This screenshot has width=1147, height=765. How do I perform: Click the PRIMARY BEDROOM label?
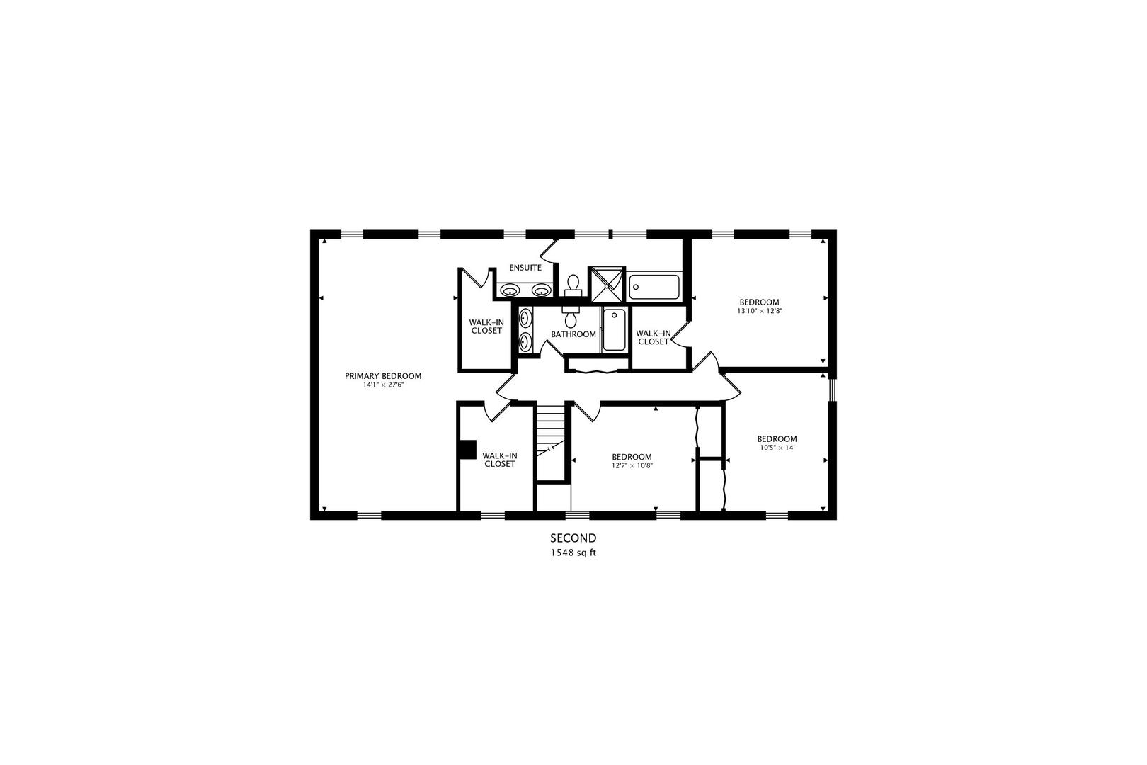383,376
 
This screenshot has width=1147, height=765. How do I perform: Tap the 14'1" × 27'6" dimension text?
384,385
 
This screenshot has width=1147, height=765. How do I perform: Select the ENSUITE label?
525,268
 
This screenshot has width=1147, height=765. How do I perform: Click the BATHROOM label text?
573,334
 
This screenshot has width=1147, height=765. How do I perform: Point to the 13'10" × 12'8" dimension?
760,310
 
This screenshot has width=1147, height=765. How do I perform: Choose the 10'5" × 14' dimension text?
777,448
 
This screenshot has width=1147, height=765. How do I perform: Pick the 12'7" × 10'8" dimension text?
632,466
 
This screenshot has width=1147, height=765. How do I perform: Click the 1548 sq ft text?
573,553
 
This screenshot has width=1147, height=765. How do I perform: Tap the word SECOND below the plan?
573,538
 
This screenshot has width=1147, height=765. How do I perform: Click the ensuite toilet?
573,285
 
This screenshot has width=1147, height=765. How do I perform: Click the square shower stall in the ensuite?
607,285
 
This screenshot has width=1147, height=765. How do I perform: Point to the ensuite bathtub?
654,288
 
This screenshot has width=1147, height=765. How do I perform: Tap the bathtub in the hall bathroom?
613,329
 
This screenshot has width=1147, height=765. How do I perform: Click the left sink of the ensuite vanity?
509,290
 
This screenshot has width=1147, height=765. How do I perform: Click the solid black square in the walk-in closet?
467,449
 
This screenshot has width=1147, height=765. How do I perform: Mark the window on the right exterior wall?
832,390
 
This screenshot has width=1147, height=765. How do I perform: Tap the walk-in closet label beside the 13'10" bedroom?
654,338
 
